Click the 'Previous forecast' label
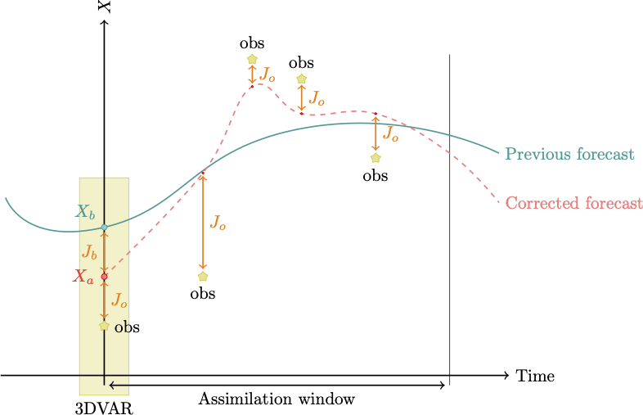(569, 154)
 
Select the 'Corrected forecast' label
(573, 203)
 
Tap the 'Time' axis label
(535, 377)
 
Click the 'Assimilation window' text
(277, 399)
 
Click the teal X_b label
(85, 211)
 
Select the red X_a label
(83, 277)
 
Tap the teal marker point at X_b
(104, 227)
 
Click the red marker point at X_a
(104, 277)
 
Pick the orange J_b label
(89, 251)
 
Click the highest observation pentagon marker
(252, 59)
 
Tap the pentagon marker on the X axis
(104, 326)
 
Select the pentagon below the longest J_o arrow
(203, 277)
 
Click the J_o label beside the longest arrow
(218, 222)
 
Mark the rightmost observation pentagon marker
(375, 158)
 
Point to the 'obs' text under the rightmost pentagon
(375, 175)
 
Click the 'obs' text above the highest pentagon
(252, 43)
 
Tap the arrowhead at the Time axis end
(506, 376)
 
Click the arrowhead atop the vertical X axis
(104, 23)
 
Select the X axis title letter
(104, 7)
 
